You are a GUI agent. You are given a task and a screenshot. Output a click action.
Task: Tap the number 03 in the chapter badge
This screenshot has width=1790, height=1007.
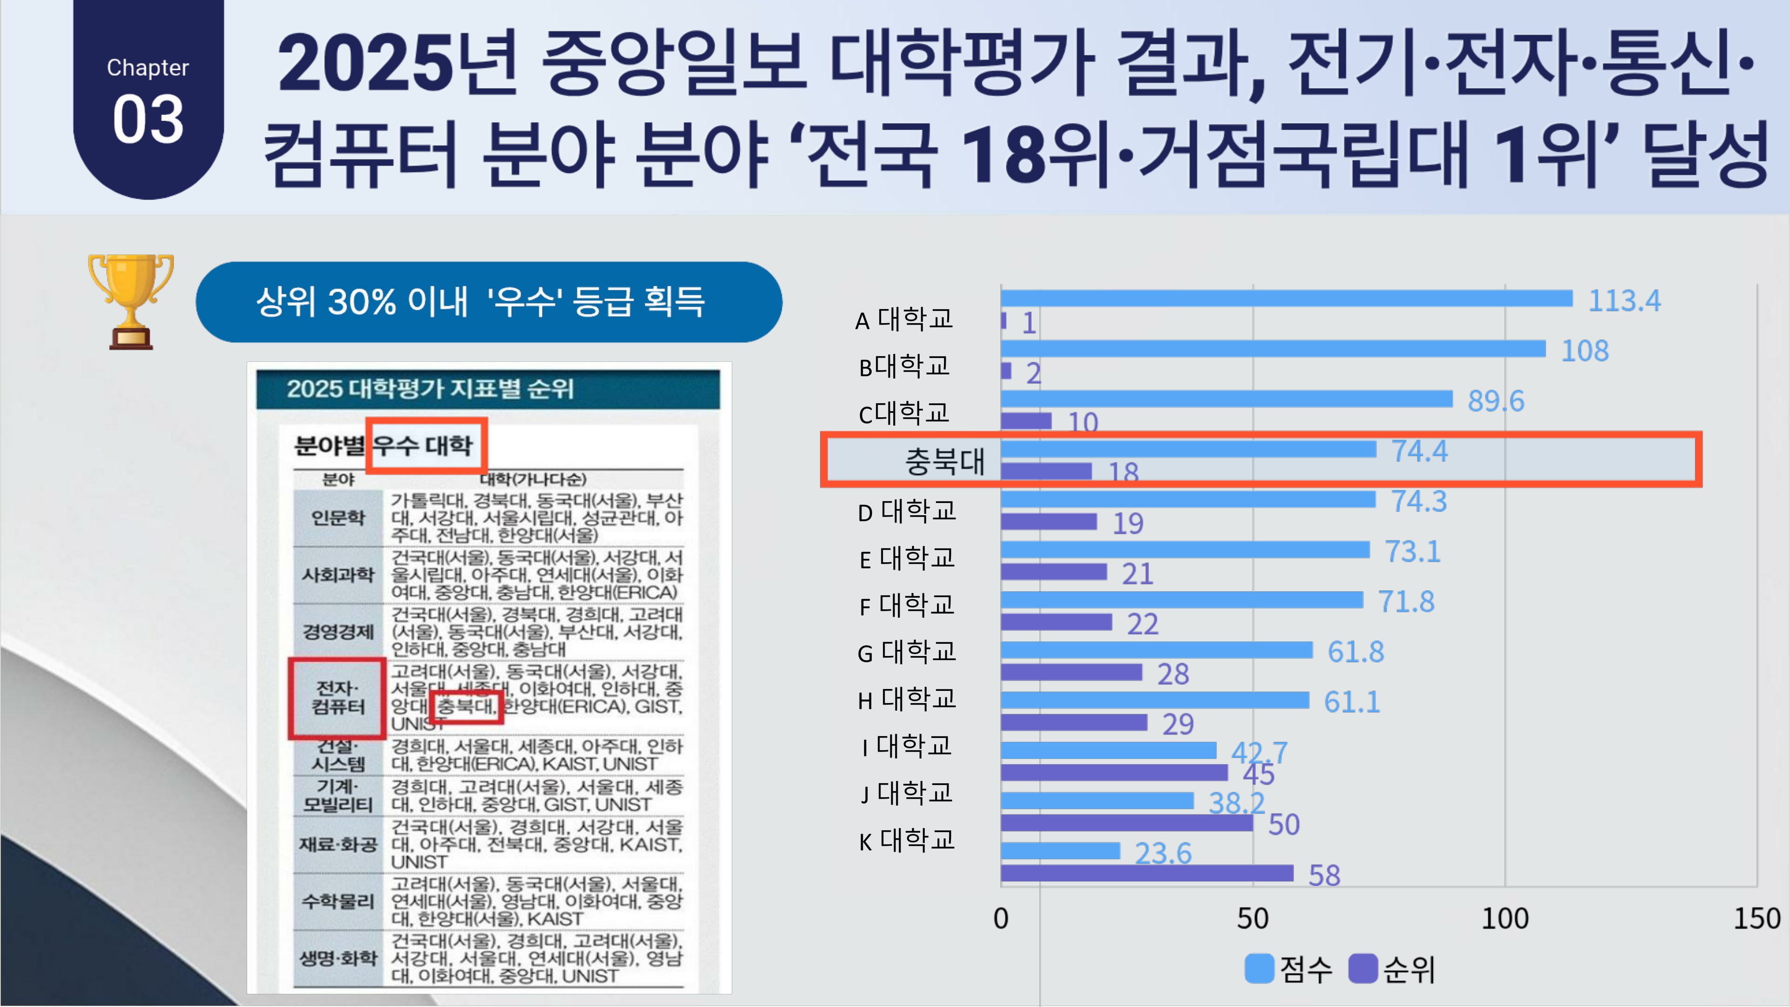[x=148, y=120]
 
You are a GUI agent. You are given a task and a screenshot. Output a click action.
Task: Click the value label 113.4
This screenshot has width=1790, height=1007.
[x=1624, y=301]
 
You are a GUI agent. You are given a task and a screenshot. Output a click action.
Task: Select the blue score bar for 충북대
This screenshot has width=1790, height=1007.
[x=1188, y=449]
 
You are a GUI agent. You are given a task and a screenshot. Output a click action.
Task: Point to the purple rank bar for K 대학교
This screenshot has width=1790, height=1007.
[x=1147, y=873]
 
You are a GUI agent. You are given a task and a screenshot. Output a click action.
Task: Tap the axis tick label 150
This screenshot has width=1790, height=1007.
[x=1756, y=919]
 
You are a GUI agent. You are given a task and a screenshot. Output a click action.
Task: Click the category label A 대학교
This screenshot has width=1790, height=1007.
[x=904, y=320]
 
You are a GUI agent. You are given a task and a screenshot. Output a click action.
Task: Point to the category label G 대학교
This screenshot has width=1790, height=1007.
[x=906, y=652]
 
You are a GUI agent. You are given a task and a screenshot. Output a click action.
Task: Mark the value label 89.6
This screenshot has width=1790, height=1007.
[x=1495, y=401]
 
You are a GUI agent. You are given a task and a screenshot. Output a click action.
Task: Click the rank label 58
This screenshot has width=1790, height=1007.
[x=1324, y=876]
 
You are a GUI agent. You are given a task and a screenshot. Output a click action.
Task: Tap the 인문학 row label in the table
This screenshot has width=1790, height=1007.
[x=337, y=518]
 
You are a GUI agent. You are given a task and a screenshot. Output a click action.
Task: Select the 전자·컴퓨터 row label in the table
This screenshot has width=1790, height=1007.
[x=337, y=697]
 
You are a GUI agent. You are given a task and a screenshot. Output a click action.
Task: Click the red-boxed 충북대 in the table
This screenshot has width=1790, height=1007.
[x=466, y=707]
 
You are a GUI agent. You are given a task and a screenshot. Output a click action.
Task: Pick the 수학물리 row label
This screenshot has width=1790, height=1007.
[x=337, y=901]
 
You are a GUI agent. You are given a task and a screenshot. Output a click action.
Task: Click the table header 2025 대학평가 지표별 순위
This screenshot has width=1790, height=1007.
[x=430, y=388]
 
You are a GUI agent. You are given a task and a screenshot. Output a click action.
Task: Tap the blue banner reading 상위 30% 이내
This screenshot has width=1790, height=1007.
[x=489, y=302]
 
